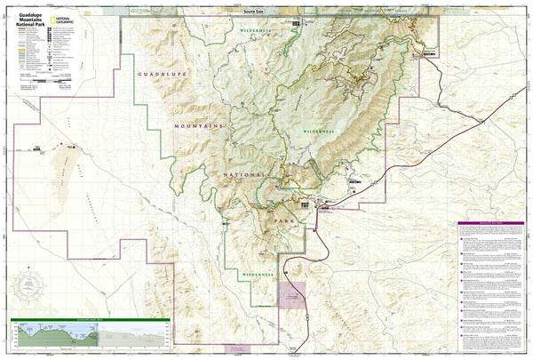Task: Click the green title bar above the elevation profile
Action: (x=89, y=319)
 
